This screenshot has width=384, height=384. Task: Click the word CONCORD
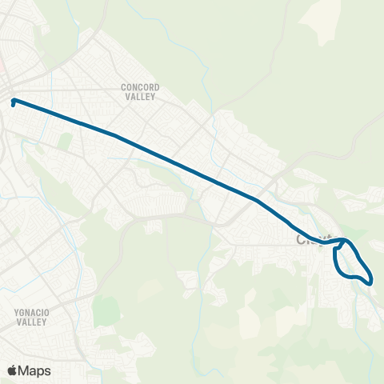click(141, 86)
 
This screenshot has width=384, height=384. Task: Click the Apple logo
click(13, 370)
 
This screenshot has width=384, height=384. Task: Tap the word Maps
click(34, 370)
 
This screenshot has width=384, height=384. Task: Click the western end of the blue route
click(14, 101)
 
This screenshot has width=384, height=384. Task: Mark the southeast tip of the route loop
click(370, 280)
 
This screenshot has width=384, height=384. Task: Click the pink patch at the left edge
click(2, 64)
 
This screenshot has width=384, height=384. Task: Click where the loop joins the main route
click(343, 239)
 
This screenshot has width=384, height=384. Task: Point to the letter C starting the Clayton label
click(302, 239)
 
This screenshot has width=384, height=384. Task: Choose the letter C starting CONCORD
click(123, 86)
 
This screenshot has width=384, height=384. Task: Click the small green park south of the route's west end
click(66, 141)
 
